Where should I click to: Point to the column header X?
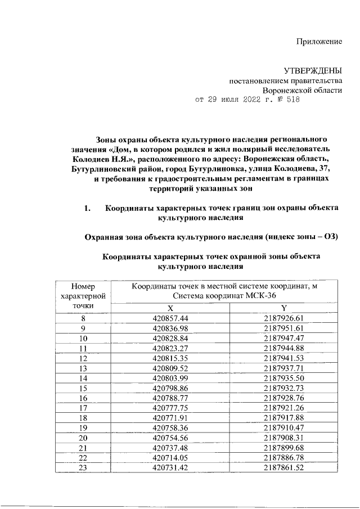pyautogui.click(x=170, y=308)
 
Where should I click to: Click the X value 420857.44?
pyautogui.click(x=170, y=318)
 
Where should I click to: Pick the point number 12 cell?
pyautogui.click(x=83, y=358)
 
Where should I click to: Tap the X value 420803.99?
pyautogui.click(x=170, y=378)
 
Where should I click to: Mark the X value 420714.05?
pyautogui.click(x=170, y=458)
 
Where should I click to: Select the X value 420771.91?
pyautogui.click(x=170, y=418)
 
